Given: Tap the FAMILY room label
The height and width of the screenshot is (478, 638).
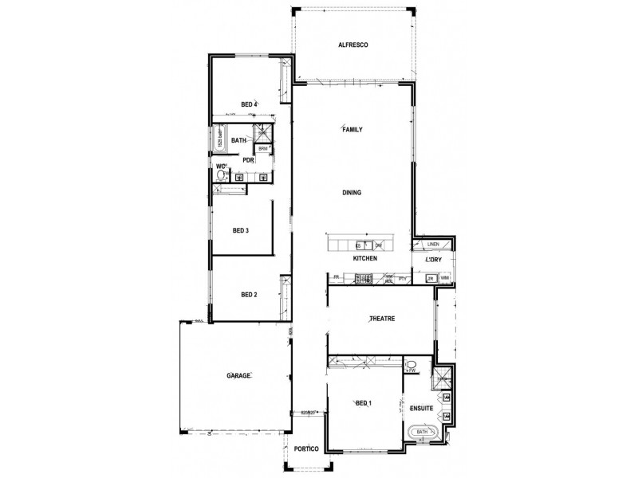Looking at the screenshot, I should point(352,129).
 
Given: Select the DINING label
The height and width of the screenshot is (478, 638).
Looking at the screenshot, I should point(352,193).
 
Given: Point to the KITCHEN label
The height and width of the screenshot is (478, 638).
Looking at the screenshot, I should point(364,260).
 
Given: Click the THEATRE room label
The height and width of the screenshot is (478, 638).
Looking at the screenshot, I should point(382,319).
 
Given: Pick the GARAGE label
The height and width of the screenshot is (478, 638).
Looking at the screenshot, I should point(238,374).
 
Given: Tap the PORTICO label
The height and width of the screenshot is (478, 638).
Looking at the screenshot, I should point(306,450).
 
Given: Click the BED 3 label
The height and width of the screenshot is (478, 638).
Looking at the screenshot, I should point(241,231).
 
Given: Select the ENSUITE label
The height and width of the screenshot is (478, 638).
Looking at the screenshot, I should point(421,408).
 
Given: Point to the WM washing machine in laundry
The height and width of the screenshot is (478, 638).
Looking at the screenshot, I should point(445,278).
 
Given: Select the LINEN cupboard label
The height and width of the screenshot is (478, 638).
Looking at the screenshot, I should point(433,245).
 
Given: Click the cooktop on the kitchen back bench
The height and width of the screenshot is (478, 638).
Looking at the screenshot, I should point(364,279).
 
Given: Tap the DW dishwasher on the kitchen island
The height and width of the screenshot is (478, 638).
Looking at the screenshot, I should point(379,245).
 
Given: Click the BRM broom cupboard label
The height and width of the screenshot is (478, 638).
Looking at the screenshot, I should point(262,149).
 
